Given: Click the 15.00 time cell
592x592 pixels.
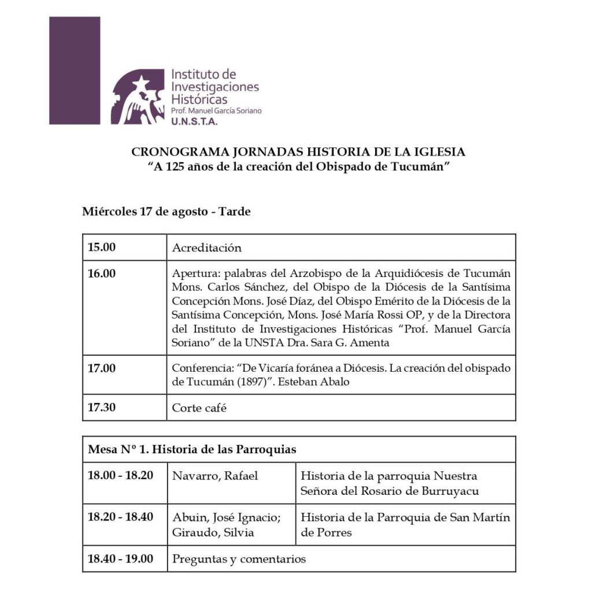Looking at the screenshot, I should point(102,247).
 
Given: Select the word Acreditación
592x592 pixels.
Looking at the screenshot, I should point(206,248).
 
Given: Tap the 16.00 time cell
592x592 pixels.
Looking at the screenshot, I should point(102,273).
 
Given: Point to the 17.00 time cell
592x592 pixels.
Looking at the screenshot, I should point(102,368).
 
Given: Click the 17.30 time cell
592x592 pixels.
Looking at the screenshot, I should point(102,407).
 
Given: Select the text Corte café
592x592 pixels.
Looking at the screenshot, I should point(198,408).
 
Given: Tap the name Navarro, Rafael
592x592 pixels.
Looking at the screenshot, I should point(214,476).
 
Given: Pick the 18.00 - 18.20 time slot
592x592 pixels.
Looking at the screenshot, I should point(120,476).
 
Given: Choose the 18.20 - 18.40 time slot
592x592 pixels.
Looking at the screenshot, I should point(120,517).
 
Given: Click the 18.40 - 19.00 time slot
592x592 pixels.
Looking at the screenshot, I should point(120,558).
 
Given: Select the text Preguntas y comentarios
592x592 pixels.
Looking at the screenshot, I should point(239,559).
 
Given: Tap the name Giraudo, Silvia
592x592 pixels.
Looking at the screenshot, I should point(213,532).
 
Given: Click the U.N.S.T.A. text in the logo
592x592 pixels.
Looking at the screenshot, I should point(194,121).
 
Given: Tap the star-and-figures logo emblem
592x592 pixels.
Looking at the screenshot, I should point(138,97).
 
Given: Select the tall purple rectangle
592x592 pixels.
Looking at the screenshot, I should point(75,70).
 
